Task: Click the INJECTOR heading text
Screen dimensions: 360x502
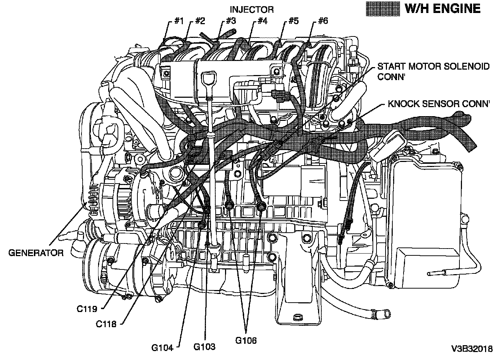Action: coord(252,9)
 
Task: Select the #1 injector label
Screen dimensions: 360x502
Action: coord(179,21)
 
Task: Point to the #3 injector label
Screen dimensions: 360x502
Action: coord(231,21)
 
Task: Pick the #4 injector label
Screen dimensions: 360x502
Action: coord(262,21)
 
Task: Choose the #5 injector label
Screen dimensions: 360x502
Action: coord(294,21)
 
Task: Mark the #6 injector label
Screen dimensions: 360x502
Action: coord(323,21)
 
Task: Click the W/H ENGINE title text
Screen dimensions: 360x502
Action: coord(442,9)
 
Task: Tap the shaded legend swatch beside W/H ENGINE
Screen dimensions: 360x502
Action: coord(383,9)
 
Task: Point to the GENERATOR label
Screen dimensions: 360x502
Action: coord(36,253)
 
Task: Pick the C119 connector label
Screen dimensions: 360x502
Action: coord(87,309)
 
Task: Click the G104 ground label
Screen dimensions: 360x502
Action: coord(162,348)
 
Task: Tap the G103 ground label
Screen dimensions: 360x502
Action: coord(204,347)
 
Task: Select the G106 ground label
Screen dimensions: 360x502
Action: coord(246,341)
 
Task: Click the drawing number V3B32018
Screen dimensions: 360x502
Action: coord(472,349)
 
